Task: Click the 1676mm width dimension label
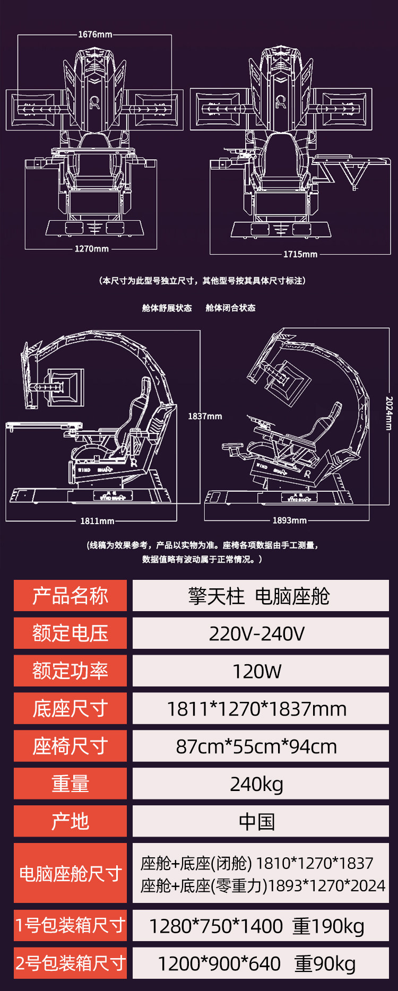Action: pyautogui.click(x=95, y=34)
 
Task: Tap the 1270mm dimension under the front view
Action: pyautogui.click(x=91, y=249)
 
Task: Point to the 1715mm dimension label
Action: pyautogui.click(x=300, y=254)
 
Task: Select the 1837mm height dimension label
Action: pyautogui.click(x=205, y=416)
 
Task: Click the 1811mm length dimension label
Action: pyautogui.click(x=97, y=521)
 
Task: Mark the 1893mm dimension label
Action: pyautogui.click(x=289, y=520)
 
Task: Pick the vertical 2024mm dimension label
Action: pyautogui.click(x=389, y=413)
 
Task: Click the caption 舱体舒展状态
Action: pyautogui.click(x=167, y=308)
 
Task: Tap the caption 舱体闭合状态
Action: pyautogui.click(x=230, y=308)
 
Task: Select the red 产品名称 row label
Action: pyautogui.click(x=70, y=596)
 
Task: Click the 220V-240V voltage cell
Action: pyautogui.click(x=260, y=633)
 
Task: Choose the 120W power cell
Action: pyautogui.click(x=260, y=671)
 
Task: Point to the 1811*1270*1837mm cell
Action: pyautogui.click(x=260, y=709)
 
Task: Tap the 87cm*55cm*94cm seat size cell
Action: pyautogui.click(x=260, y=746)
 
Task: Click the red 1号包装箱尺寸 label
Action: pyautogui.click(x=70, y=925)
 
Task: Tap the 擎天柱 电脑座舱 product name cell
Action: pyautogui.click(x=260, y=596)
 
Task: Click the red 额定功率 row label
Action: pyautogui.click(x=70, y=671)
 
